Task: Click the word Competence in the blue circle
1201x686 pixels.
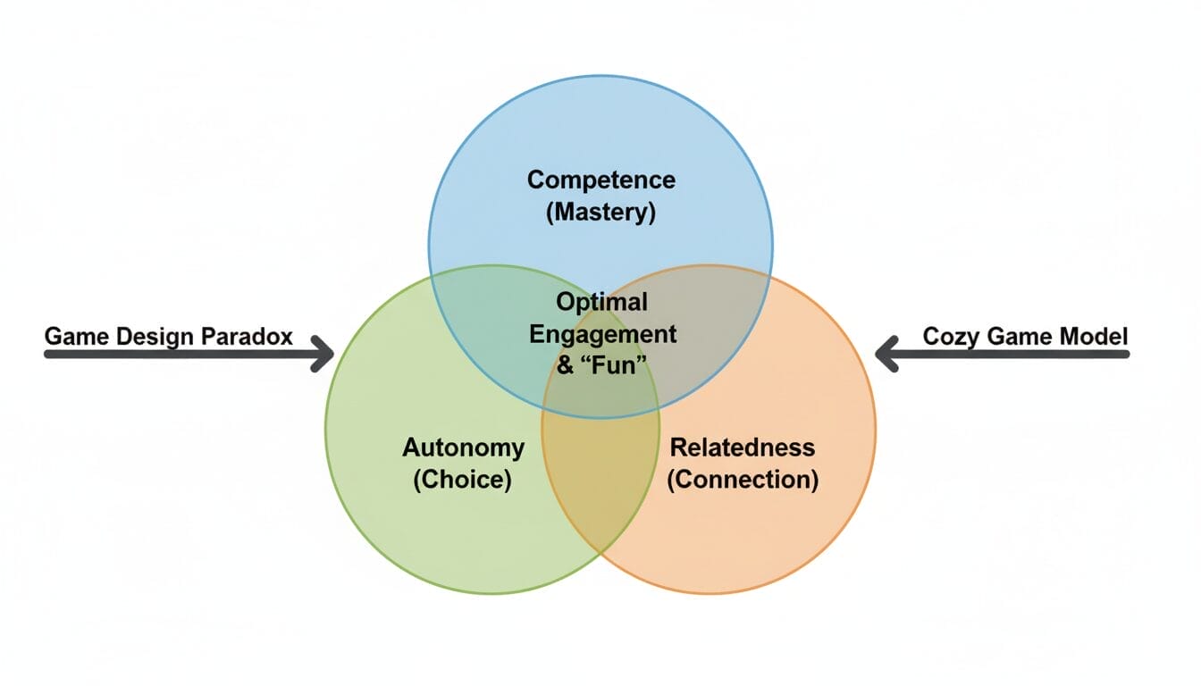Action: pyautogui.click(x=600, y=180)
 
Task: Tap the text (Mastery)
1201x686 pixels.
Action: pyautogui.click(x=600, y=213)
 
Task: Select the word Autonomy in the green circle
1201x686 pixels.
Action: pyautogui.click(x=463, y=447)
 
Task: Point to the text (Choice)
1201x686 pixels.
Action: pyautogui.click(x=462, y=480)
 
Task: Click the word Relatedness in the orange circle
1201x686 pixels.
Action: pyautogui.click(x=743, y=447)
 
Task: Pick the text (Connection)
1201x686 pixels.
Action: pyautogui.click(x=743, y=480)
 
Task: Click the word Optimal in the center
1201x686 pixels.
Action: pyautogui.click(x=601, y=302)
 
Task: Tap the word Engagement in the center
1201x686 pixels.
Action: pyautogui.click(x=603, y=334)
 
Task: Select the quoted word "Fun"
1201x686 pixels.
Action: pyautogui.click(x=615, y=366)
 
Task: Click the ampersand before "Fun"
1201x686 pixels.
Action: pyautogui.click(x=566, y=366)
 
